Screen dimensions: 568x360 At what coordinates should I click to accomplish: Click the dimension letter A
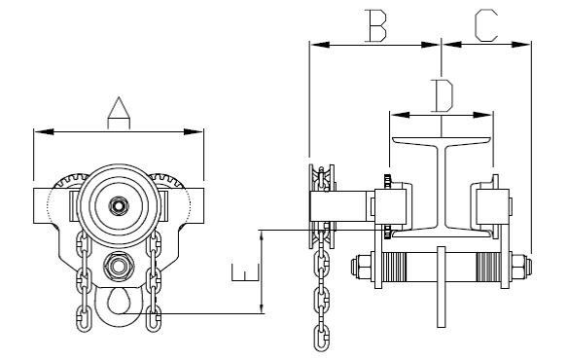[119, 113]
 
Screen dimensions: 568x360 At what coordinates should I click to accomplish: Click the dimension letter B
[375, 25]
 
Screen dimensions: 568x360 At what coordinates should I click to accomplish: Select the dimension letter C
[486, 25]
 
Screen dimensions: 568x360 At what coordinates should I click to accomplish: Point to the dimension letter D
[443, 95]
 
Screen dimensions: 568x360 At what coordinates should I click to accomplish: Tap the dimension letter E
[246, 272]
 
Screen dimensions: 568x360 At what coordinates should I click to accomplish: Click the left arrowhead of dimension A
[44, 131]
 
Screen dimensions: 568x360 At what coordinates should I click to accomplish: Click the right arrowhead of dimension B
[430, 45]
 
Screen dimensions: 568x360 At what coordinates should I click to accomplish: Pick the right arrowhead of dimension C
[521, 45]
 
